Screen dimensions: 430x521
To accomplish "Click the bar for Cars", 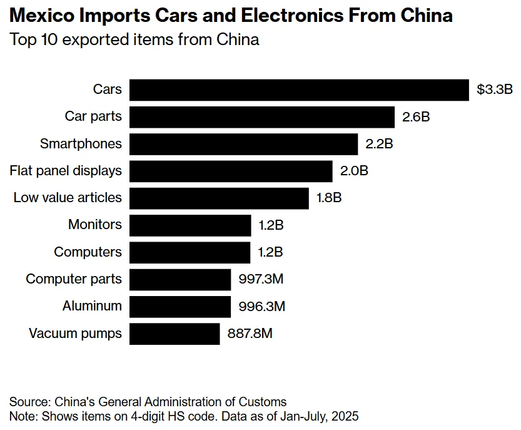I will [x=299, y=90].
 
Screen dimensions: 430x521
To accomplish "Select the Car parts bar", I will [x=262, y=117].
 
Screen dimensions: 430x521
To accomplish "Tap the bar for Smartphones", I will [x=243, y=144].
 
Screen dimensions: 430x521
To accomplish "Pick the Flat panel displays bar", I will [x=231, y=171].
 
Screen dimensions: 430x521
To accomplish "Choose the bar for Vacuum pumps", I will [x=175, y=334].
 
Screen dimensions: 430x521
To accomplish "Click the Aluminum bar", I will [x=180, y=307].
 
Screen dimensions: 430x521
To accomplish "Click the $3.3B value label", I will [x=494, y=90].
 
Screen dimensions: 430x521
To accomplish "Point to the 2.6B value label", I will [x=416, y=117].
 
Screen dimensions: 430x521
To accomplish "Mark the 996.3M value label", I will [x=261, y=307].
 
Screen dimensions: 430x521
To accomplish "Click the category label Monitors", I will [x=95, y=225].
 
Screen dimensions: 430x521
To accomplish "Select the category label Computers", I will [x=88, y=252].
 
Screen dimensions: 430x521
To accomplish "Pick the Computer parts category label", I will [x=74, y=279].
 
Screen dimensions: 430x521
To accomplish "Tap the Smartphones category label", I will [x=81, y=144].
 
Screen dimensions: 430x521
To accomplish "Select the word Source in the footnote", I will [x=28, y=402].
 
